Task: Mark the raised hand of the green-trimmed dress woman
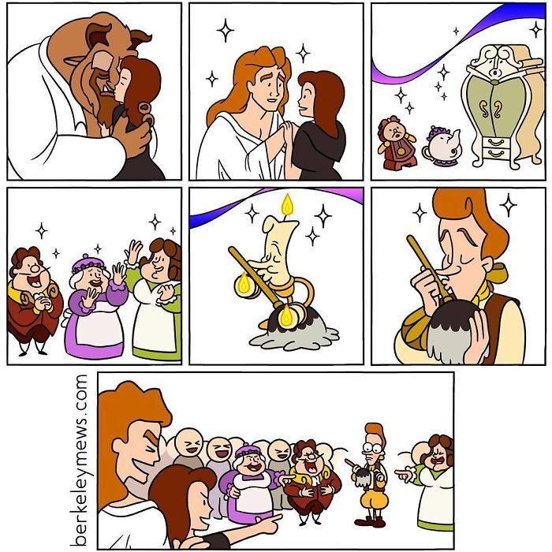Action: [x=135, y=254]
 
